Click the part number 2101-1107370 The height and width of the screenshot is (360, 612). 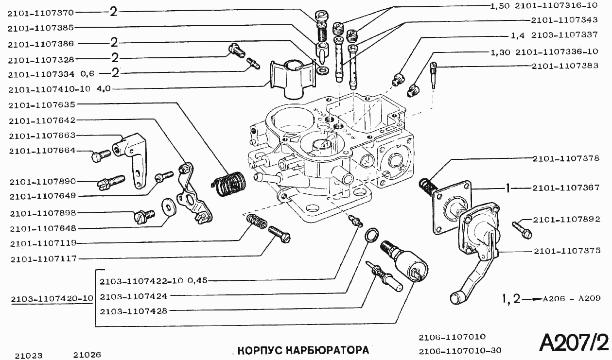41,13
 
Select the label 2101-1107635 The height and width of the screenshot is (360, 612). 41,104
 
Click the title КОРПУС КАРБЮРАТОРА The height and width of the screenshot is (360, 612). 303,350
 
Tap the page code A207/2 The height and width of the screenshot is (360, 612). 574,343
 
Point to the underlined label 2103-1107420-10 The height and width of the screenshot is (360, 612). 52,298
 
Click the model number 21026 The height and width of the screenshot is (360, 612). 87,355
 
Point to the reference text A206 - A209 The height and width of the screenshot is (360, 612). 571,299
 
